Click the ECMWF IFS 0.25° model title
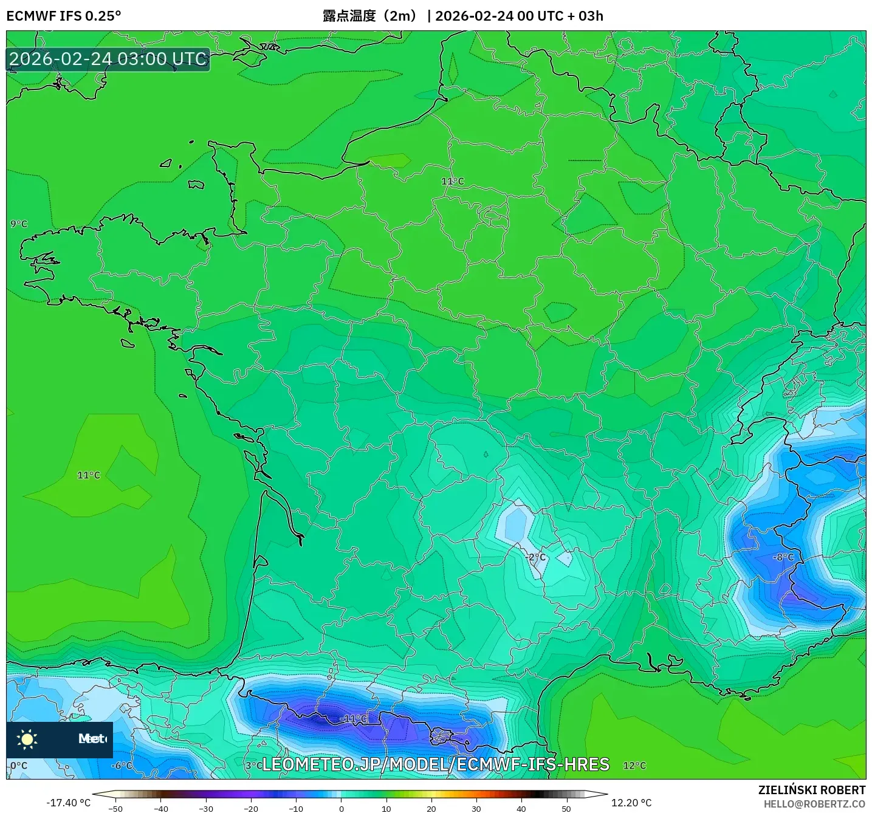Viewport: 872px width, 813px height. pos(64,16)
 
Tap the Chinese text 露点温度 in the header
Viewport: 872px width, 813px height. pos(349,16)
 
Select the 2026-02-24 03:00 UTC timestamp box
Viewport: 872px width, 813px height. pos(108,59)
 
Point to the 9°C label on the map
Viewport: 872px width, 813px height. pos(19,224)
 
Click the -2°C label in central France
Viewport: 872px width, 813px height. pos(535,557)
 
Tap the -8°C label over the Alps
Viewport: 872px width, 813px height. pos(783,557)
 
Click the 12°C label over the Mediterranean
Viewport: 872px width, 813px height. pos(634,765)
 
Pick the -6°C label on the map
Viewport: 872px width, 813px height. pos(122,765)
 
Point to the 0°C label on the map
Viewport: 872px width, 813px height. pos(19,765)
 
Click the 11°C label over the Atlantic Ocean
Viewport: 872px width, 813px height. pos(89,475)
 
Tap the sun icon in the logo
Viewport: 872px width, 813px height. pos(27,739)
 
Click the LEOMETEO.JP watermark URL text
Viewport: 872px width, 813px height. pos(435,764)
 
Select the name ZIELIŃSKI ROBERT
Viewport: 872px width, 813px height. pos(812,790)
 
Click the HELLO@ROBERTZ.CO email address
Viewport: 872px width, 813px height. pos(814,804)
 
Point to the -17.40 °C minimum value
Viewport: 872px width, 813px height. pos(68,803)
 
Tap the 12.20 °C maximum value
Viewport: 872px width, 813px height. pos(631,803)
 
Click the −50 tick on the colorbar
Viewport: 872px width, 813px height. pos(115,809)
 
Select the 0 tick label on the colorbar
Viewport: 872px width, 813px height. pos(342,809)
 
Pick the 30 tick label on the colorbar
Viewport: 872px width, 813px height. pos(476,809)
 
